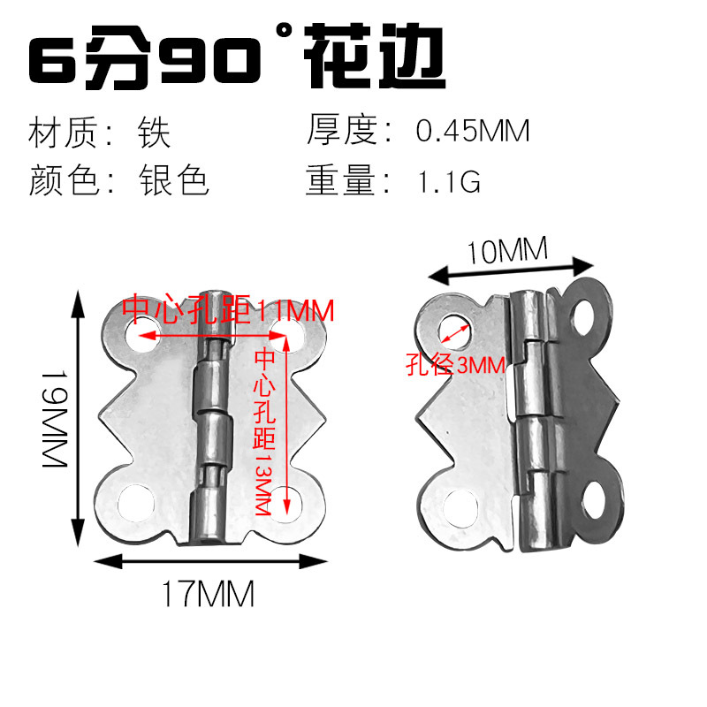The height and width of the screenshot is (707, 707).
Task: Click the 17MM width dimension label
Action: [209, 594]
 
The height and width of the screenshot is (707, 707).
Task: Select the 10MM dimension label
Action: [506, 253]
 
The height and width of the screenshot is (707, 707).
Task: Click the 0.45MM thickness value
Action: [473, 132]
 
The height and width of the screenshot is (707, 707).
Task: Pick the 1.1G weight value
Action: [447, 181]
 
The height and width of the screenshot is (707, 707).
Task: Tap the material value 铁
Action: [153, 133]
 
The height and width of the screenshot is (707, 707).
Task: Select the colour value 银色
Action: [173, 181]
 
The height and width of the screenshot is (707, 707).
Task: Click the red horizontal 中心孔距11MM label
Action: [228, 310]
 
